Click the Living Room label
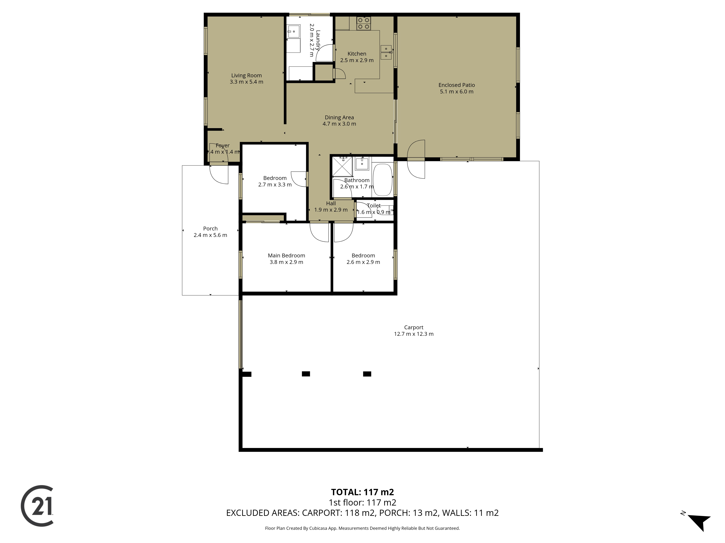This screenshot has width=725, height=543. click(x=246, y=75)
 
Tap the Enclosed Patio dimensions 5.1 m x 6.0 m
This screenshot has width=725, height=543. click(x=457, y=92)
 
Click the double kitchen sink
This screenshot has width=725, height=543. click(x=386, y=52)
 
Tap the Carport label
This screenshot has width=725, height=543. click(x=414, y=327)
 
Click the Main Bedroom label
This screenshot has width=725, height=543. click(x=286, y=255)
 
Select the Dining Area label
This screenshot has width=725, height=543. click(x=339, y=117)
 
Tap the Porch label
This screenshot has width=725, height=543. click(x=210, y=228)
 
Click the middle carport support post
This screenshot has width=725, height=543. click(x=306, y=374)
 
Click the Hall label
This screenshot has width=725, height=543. click(x=331, y=203)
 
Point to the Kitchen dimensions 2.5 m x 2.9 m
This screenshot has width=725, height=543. click(x=357, y=60)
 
